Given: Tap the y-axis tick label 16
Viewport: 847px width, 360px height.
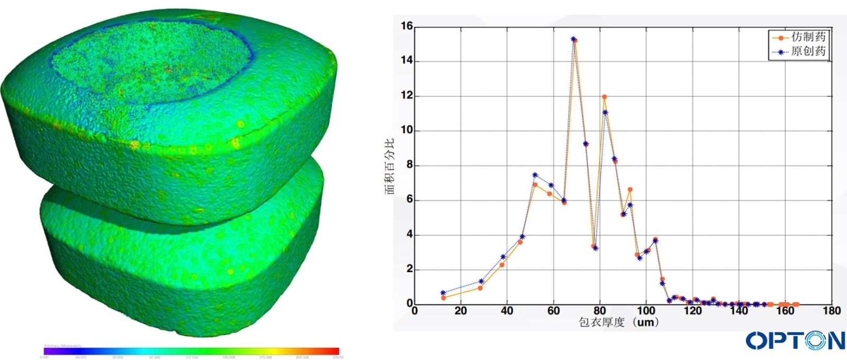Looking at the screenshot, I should point(406,26).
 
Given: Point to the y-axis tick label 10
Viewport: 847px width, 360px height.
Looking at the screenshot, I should point(406,130).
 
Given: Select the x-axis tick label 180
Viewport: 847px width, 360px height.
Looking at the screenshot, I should point(831,311).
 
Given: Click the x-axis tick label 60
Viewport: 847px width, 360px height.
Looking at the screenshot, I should point(553,311).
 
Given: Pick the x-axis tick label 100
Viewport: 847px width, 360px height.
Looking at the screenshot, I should point(646,311).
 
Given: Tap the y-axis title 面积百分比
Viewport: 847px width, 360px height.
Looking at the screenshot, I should point(390,166).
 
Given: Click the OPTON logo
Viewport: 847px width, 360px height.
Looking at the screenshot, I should point(795,340).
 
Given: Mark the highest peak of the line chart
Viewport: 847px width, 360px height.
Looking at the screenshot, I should point(574,40).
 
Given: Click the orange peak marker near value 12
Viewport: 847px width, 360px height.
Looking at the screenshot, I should point(604,97).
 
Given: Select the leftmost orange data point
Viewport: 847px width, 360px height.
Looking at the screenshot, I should point(444,298).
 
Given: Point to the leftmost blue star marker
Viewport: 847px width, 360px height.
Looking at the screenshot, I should point(443,293).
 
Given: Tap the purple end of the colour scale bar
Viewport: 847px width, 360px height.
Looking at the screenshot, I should point(48,351).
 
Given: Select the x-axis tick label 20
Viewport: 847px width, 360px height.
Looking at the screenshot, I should point(461,311).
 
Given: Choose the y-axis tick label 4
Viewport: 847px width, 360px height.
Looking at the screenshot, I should point(409,235).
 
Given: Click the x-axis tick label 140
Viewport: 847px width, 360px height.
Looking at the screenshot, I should point(738,311).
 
